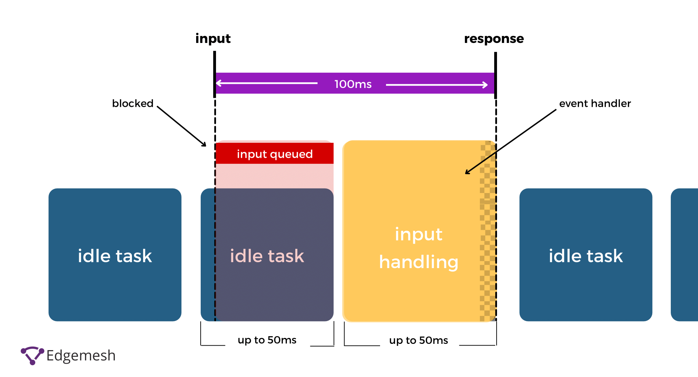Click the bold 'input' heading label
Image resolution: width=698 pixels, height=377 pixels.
213,39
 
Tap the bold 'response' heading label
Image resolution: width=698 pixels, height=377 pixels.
494,39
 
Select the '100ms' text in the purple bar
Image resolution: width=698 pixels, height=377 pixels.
353,84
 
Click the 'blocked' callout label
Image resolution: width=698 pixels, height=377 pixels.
133,103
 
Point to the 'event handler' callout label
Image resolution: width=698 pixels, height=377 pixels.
595,103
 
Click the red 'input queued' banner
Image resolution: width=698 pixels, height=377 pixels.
275,153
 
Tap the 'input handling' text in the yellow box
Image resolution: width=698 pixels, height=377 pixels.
419,248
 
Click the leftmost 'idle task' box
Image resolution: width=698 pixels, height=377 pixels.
115,255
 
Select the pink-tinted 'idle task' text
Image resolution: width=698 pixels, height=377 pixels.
267,256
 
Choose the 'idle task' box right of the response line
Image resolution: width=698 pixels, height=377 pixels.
586,255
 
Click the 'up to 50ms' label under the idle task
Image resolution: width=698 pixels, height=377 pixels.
267,340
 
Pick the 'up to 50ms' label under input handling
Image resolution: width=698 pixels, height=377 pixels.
418,340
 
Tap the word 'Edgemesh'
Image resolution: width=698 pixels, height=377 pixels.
81,356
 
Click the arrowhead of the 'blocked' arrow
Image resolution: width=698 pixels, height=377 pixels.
204,145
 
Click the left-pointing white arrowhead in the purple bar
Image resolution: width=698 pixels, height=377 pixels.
219,83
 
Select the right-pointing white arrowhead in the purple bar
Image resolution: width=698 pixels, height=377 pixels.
485,85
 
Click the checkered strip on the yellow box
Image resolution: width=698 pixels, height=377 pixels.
488,231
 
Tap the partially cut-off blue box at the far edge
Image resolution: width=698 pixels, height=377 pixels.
684,255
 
